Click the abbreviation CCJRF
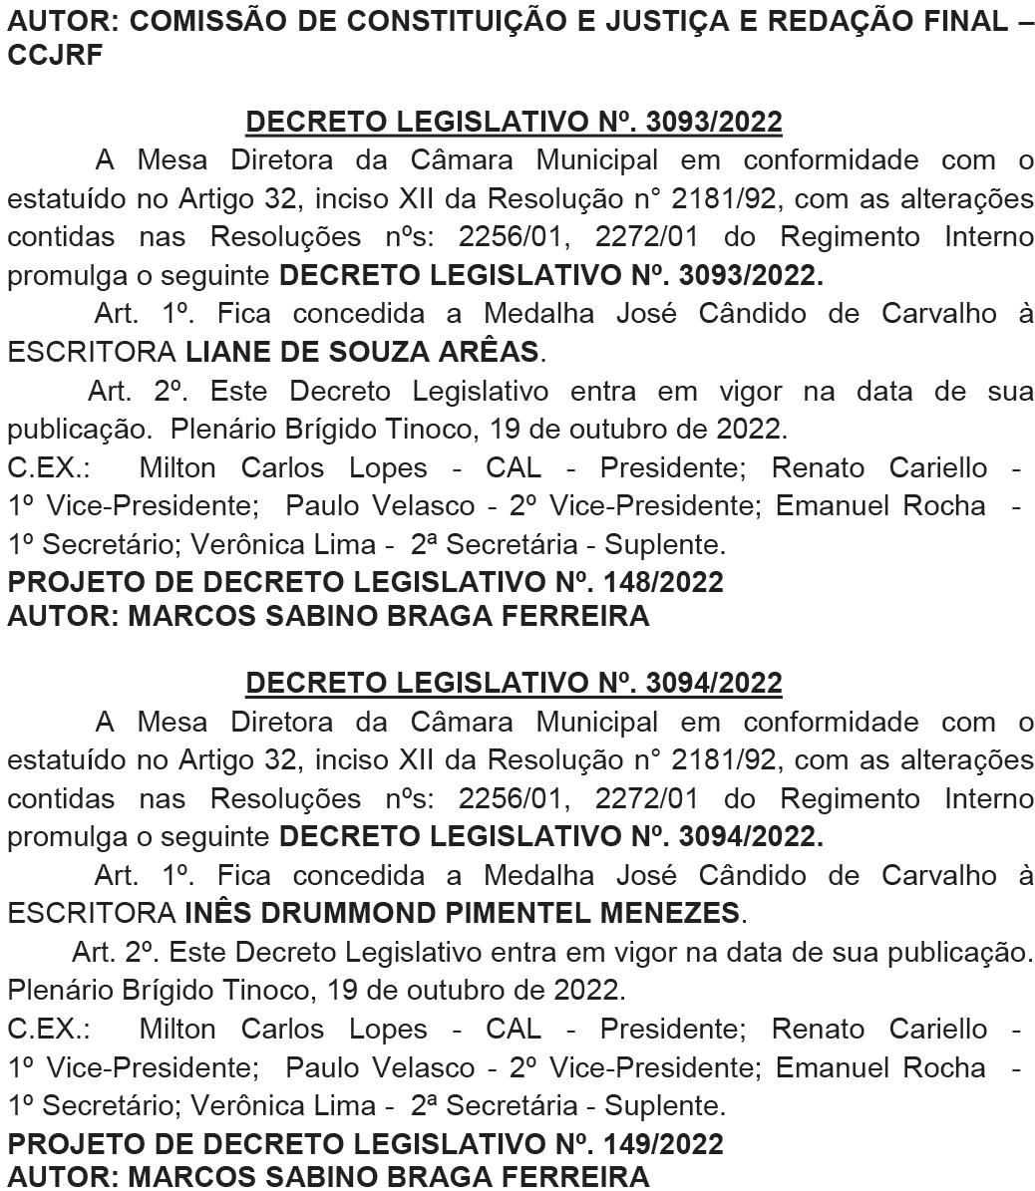point(55,57)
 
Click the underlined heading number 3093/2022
point(714,122)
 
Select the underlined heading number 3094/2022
point(714,683)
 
